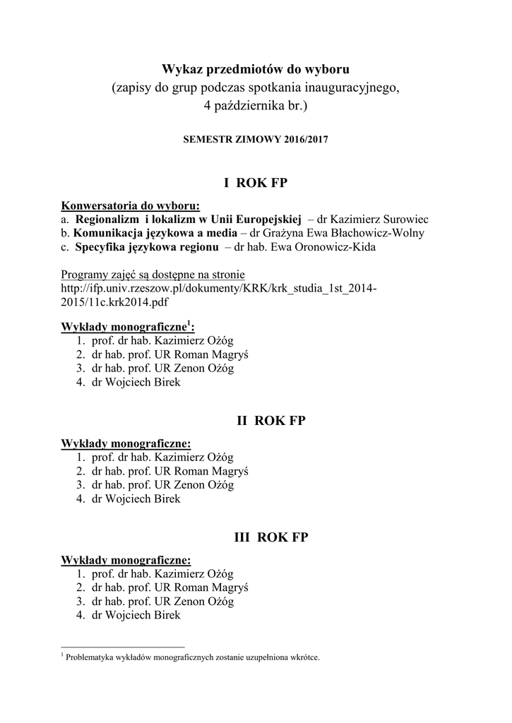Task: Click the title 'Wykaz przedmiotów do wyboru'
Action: click(x=256, y=69)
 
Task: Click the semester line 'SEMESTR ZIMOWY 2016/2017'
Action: click(x=256, y=140)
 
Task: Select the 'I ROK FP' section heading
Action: click(x=256, y=184)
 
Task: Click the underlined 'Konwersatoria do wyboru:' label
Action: click(x=131, y=205)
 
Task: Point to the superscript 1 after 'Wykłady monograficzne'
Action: click(x=189, y=325)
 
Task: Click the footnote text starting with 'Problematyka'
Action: click(x=192, y=657)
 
